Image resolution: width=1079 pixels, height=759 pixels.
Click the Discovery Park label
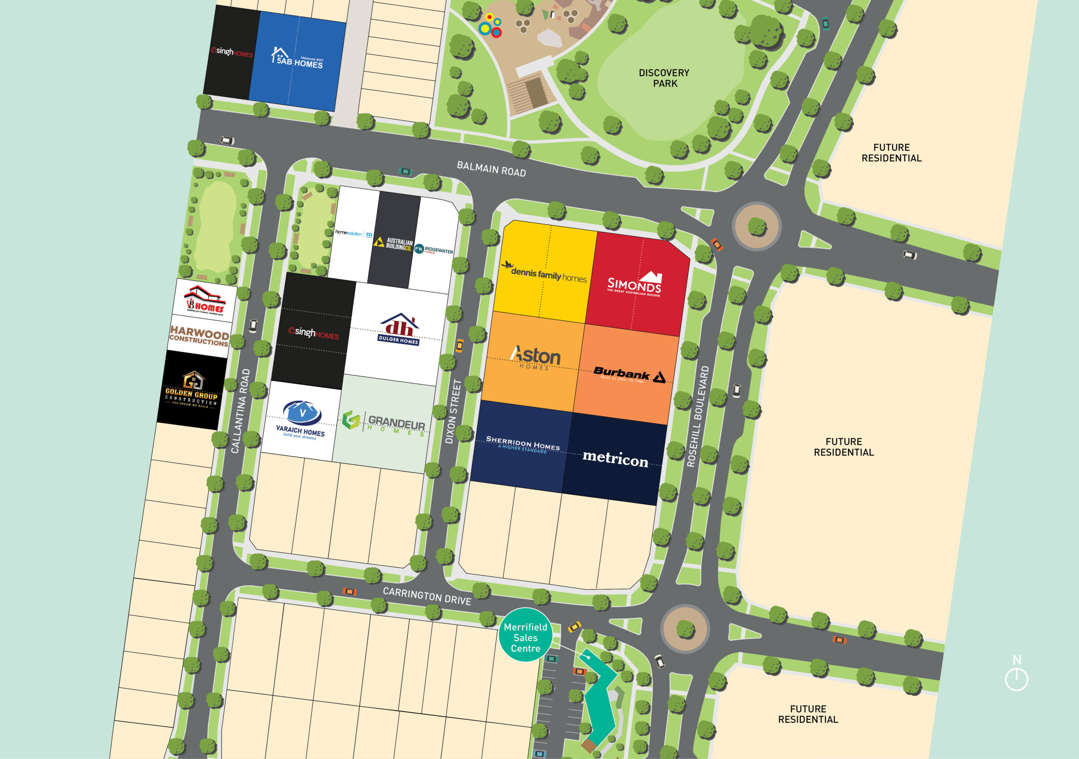[664, 78]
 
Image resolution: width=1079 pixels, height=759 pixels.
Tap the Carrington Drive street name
[427, 596]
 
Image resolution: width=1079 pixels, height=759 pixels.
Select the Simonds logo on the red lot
[635, 284]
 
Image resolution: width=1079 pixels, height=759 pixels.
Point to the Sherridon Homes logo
[523, 444]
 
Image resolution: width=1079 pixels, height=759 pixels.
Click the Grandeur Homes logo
[384, 423]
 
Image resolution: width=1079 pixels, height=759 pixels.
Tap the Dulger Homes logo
[399, 330]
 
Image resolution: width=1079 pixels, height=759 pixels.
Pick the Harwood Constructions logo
[199, 336]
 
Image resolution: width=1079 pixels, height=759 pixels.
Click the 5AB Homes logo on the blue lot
[297, 59]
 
